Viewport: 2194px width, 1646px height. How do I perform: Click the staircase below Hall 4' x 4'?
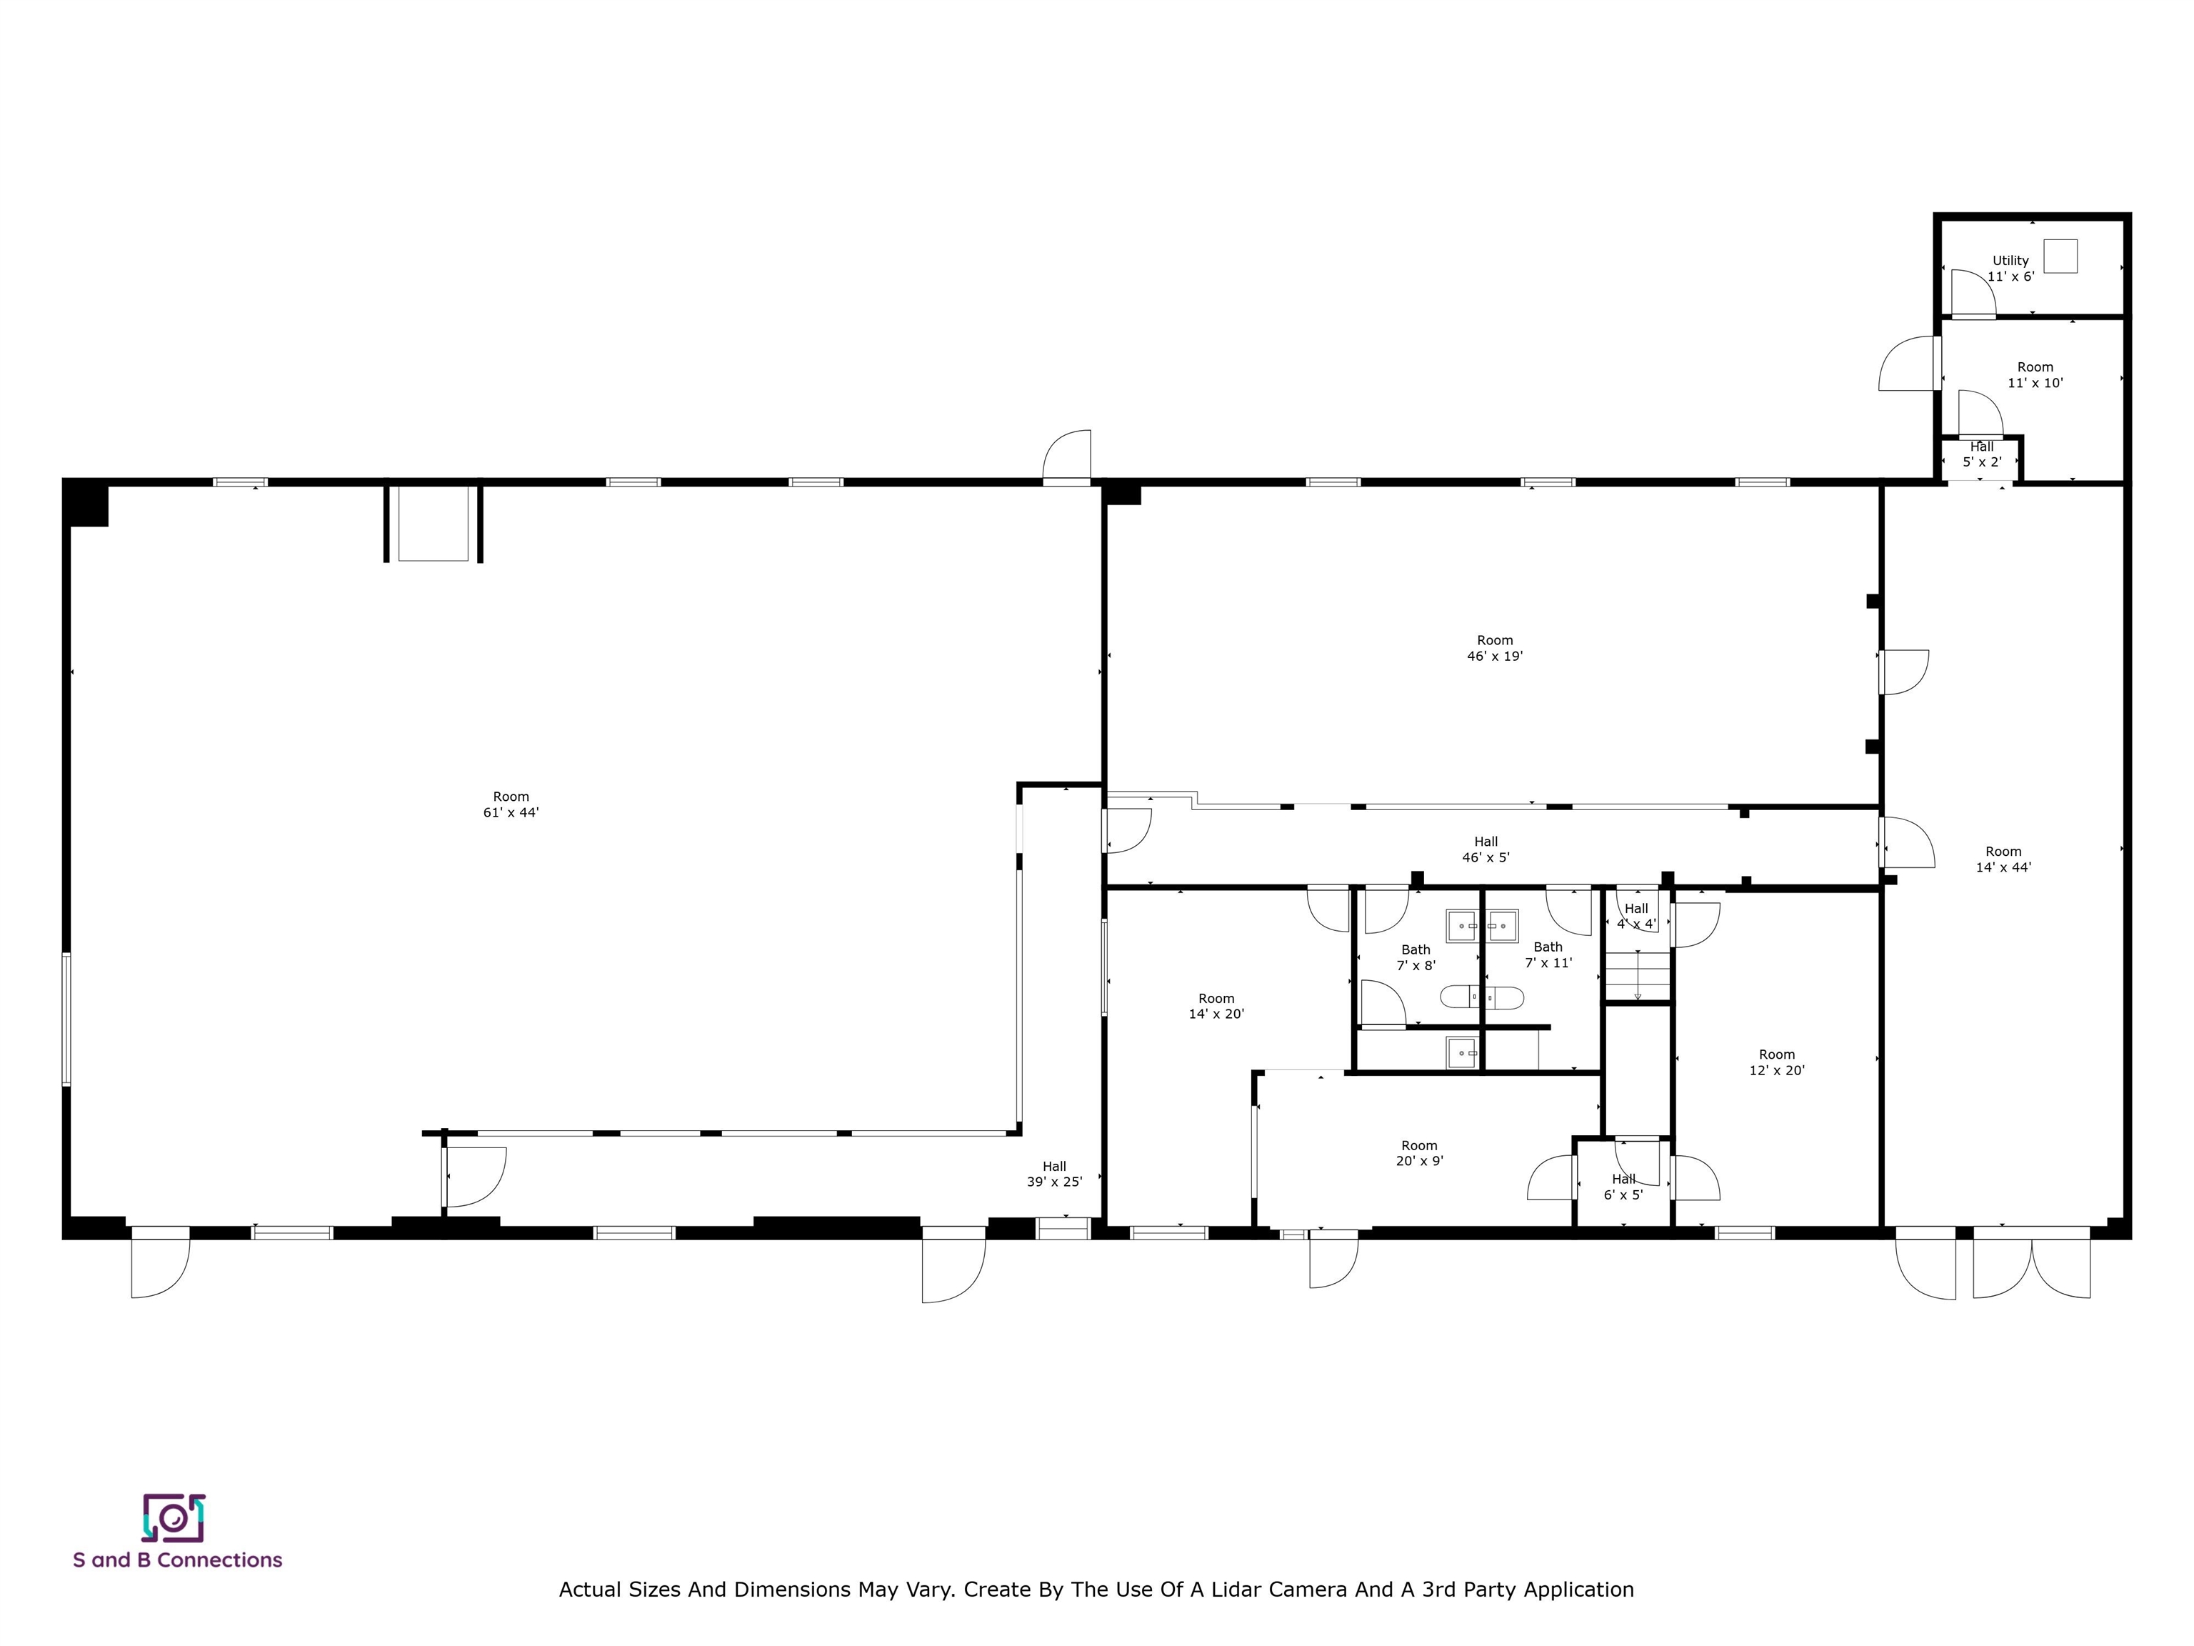tap(1638, 974)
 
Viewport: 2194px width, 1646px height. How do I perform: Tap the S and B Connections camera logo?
tap(174, 1518)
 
